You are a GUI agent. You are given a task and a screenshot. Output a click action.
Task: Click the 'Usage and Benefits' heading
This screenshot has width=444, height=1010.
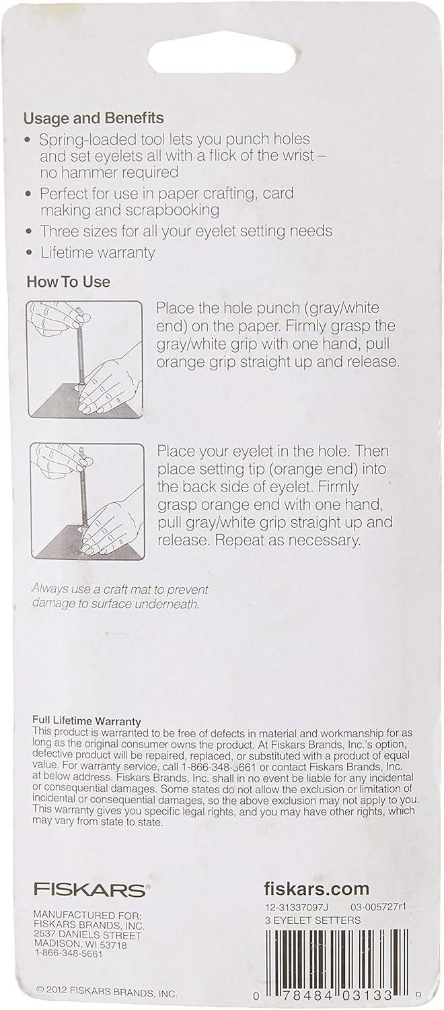[94, 119]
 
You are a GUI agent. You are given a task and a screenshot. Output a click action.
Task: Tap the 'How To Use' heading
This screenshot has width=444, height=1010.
[68, 282]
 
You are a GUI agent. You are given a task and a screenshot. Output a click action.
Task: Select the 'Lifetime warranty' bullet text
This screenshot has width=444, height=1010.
[98, 252]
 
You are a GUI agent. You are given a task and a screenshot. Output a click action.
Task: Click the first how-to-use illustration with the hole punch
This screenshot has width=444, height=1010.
[85, 359]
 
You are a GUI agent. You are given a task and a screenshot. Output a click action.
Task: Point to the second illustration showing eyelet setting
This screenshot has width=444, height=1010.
[88, 502]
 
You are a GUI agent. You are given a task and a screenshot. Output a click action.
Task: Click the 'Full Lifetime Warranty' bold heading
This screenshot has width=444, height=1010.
[87, 721]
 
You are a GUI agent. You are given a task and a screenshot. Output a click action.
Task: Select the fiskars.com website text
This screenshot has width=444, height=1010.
[316, 888]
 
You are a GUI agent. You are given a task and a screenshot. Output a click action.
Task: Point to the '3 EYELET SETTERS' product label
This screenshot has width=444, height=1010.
[312, 920]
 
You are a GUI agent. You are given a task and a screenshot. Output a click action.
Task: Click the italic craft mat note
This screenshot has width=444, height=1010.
[120, 596]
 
